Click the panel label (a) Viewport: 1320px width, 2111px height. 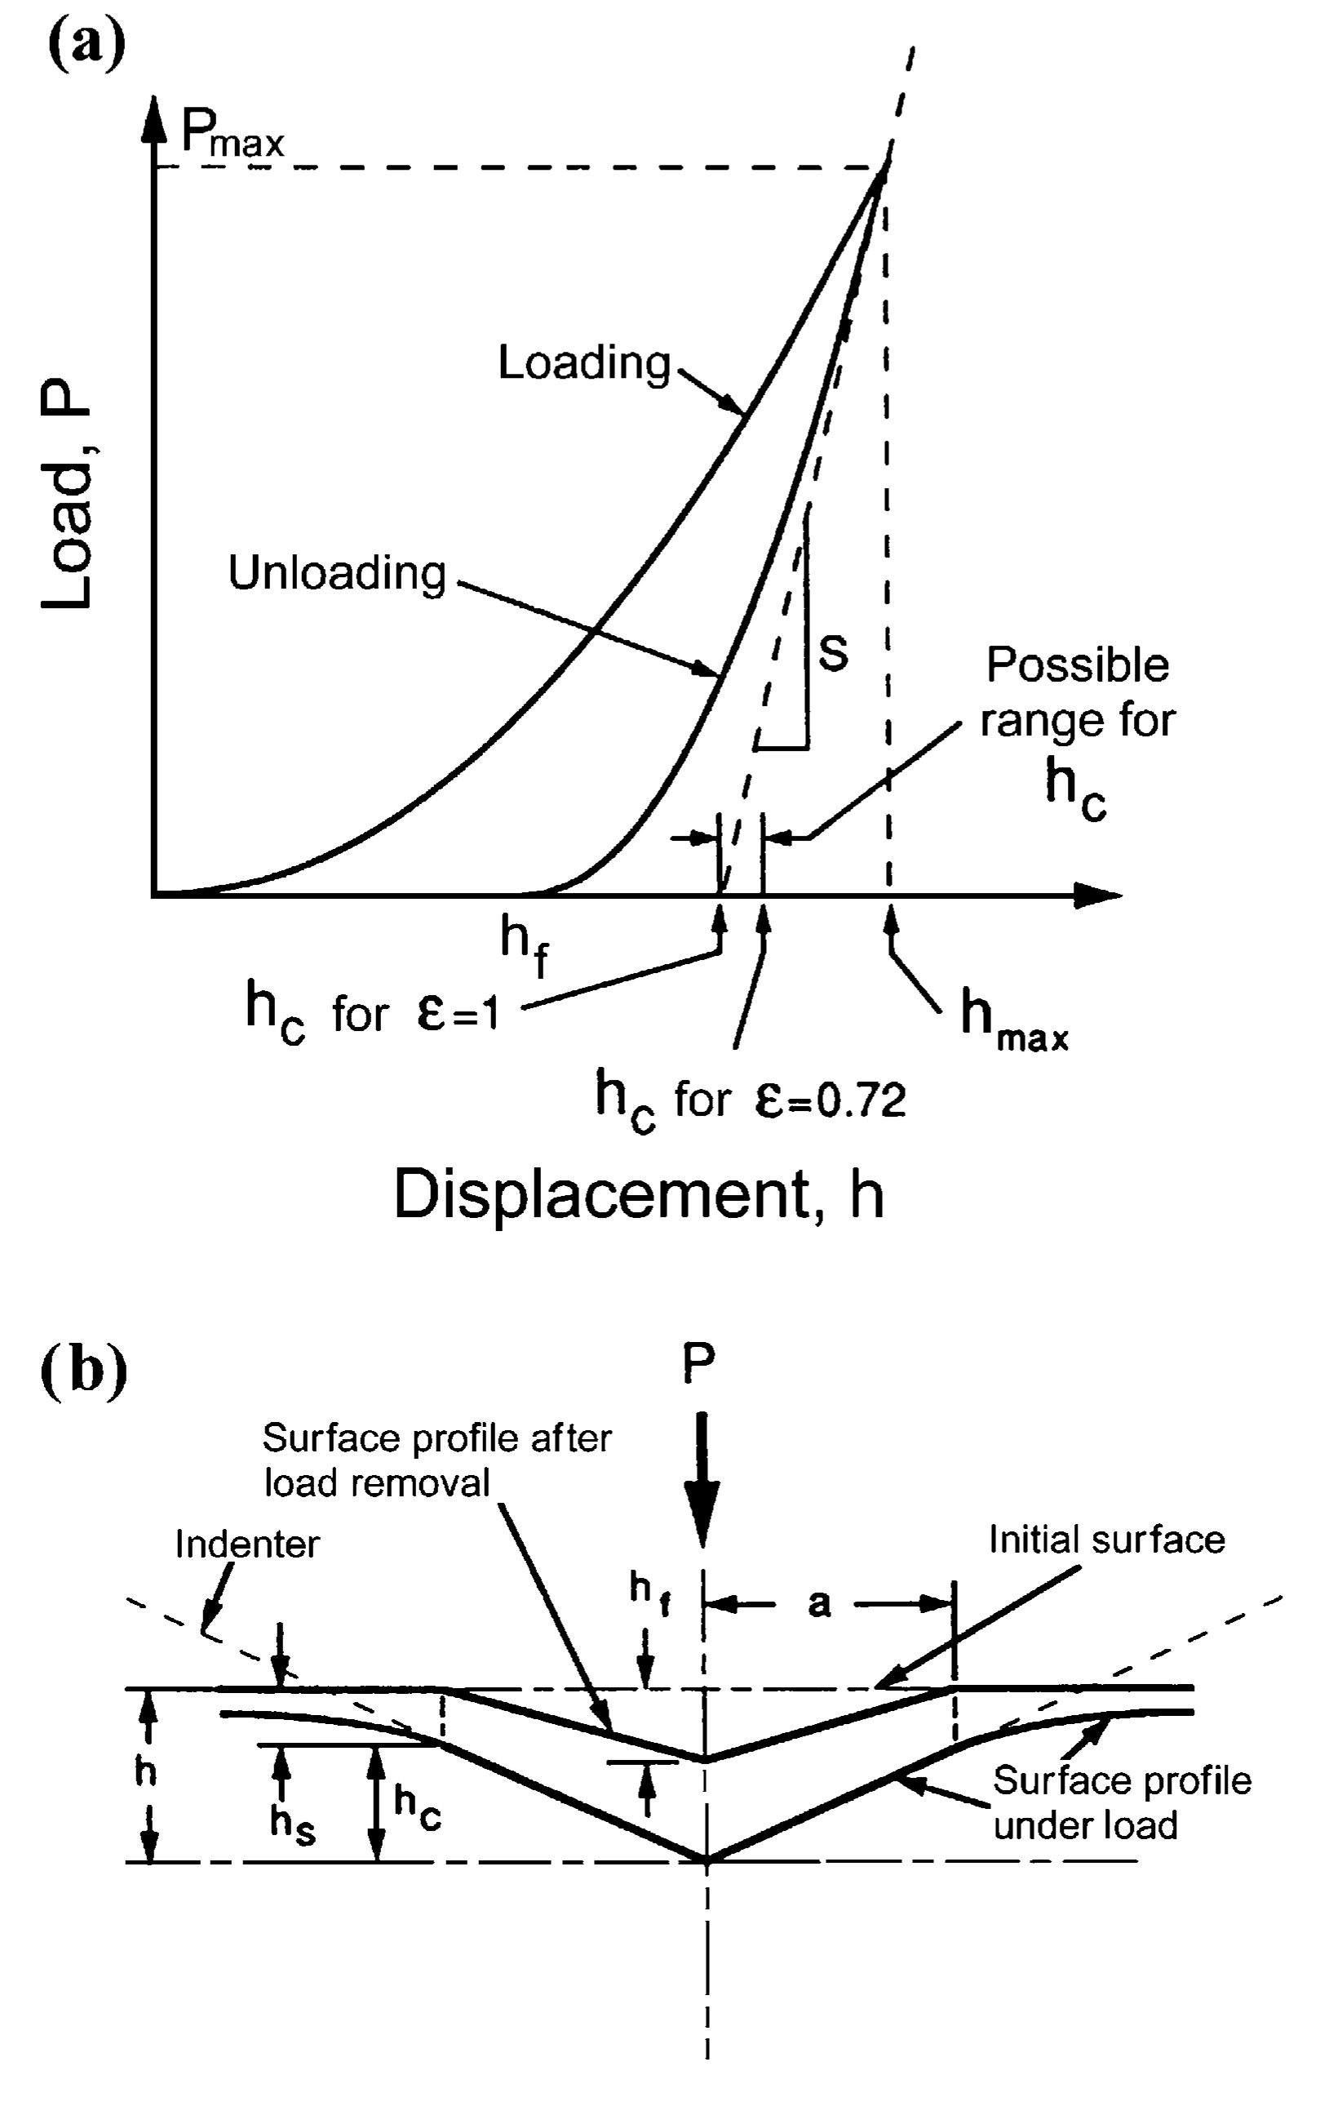point(86,46)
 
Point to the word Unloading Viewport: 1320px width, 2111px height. point(337,573)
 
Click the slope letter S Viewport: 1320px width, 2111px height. point(834,653)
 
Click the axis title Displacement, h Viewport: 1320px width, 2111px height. point(639,1194)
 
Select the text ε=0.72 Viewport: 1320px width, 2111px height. point(831,1100)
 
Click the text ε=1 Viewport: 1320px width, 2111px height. point(458,1014)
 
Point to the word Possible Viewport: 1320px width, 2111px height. point(1078,665)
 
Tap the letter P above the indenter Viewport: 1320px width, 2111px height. point(699,1363)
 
